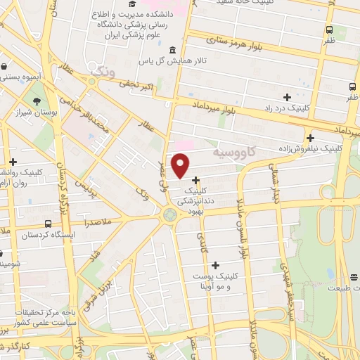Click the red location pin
point(181,165)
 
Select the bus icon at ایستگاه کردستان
point(47,224)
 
